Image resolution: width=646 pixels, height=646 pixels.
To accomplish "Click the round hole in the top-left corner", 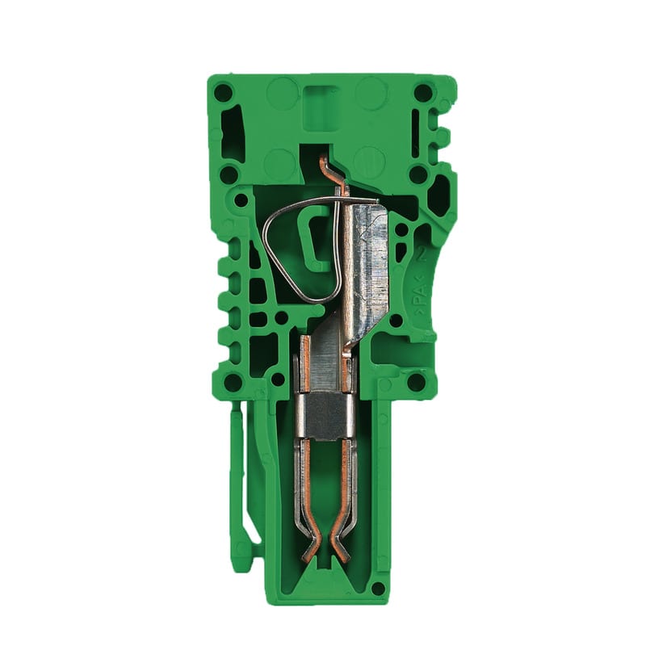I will tap(223, 92).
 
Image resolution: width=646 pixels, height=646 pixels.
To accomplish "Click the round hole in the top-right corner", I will tap(423, 92).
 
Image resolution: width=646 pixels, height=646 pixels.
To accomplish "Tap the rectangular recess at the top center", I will tap(321, 104).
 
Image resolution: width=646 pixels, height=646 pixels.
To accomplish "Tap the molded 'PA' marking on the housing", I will tap(419, 303).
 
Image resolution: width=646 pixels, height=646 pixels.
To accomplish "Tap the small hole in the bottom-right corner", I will tap(377, 588).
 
